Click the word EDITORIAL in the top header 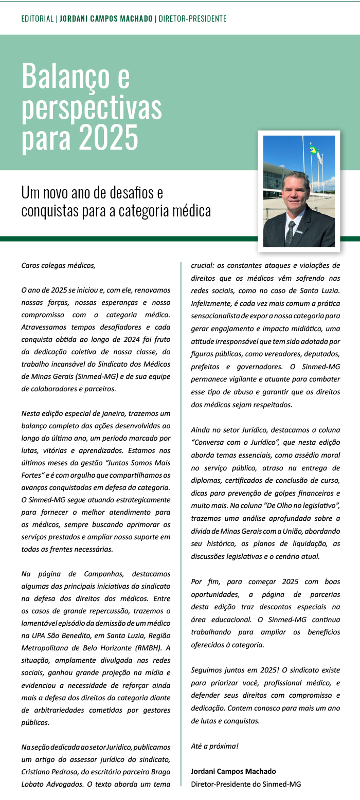(38, 19)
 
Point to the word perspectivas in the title (92, 107)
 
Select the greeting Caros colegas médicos (58, 266)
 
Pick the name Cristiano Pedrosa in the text (48, 772)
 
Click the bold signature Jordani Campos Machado (233, 771)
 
